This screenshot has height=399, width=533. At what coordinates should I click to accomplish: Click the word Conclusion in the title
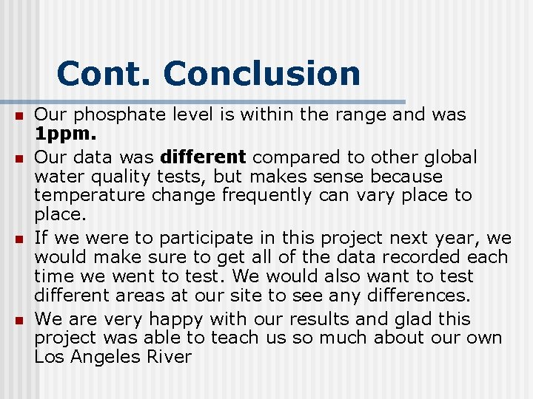click(x=262, y=74)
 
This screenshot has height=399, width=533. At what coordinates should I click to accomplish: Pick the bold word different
click(x=203, y=157)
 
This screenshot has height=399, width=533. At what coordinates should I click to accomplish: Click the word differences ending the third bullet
click(x=415, y=296)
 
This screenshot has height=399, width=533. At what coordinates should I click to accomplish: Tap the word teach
click(x=235, y=338)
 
